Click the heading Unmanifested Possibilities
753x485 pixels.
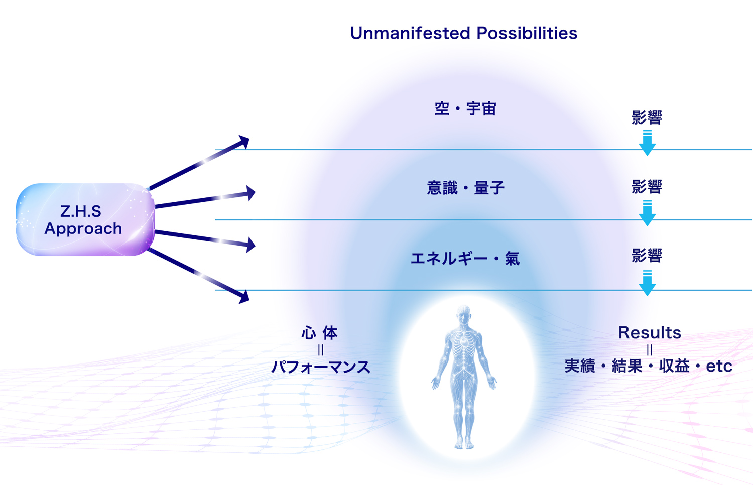click(463, 33)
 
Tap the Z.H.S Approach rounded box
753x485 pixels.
click(85, 219)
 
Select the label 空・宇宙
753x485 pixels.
click(465, 109)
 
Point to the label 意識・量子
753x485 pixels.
click(465, 188)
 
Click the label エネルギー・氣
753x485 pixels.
click(465, 259)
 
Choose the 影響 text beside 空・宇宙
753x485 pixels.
click(647, 117)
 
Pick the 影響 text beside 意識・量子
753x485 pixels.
click(647, 187)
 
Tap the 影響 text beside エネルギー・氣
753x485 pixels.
click(647, 256)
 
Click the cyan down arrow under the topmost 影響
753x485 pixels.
click(647, 143)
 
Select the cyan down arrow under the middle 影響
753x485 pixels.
click(647, 213)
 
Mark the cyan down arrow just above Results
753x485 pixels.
click(647, 283)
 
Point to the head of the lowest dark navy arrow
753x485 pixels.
click(243, 297)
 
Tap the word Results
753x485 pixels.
click(650, 333)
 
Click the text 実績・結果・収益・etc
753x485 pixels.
click(649, 366)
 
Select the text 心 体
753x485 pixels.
click(319, 333)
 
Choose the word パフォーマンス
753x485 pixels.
click(321, 367)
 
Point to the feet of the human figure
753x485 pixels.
click(464, 445)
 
